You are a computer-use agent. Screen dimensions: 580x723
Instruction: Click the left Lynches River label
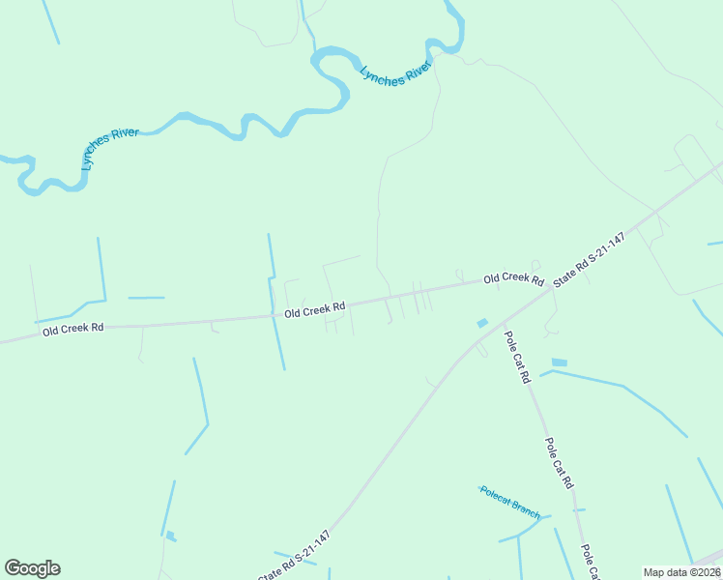click(x=111, y=148)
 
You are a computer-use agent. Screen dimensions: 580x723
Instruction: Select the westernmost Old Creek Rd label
click(x=72, y=329)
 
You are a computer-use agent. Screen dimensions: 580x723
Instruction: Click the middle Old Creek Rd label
click(x=315, y=310)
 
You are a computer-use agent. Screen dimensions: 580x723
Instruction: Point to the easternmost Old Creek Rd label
click(x=514, y=278)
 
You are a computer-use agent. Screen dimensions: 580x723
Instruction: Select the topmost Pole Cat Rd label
click(x=518, y=358)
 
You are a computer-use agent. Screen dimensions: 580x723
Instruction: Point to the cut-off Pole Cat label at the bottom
click(x=590, y=563)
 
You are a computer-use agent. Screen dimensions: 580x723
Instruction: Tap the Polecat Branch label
click(x=509, y=503)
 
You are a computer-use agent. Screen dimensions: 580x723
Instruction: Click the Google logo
click(x=33, y=568)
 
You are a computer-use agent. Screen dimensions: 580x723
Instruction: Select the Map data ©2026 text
click(x=681, y=572)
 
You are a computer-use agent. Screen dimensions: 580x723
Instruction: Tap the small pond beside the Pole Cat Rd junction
click(x=482, y=323)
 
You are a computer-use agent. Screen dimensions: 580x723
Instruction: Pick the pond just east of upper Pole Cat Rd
click(x=559, y=362)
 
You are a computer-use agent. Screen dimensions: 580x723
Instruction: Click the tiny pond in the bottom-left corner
click(x=170, y=536)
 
